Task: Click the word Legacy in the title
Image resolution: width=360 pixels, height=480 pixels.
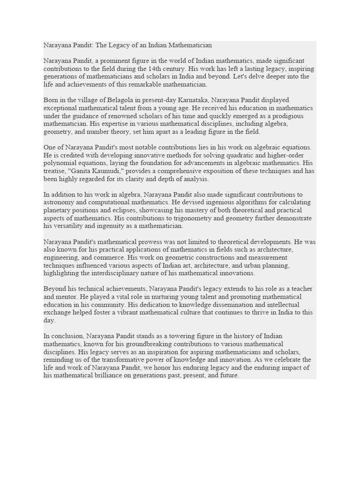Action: (118, 45)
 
